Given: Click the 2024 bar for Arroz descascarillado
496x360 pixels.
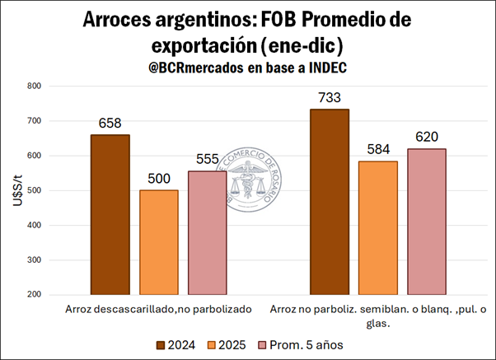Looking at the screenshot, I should coord(110,214).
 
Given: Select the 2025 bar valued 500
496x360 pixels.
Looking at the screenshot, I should coord(158,242).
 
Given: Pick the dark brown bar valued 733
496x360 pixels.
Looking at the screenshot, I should coord(330,201).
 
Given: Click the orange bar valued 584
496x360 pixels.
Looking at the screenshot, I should coord(378,227).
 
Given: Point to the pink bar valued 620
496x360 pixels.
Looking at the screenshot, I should coord(427,221).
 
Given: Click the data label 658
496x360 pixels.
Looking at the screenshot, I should coord(110,124).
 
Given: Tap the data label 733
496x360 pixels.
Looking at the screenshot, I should coord(330,98).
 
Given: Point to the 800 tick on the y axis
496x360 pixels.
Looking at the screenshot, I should coord(34,86).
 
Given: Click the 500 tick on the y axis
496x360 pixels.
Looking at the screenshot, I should coord(34,190).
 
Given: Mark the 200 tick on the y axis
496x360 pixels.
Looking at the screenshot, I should coord(34,294).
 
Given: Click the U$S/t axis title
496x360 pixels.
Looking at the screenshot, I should coord(17,190).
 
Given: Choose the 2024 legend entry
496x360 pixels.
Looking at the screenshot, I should coord(179,344).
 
